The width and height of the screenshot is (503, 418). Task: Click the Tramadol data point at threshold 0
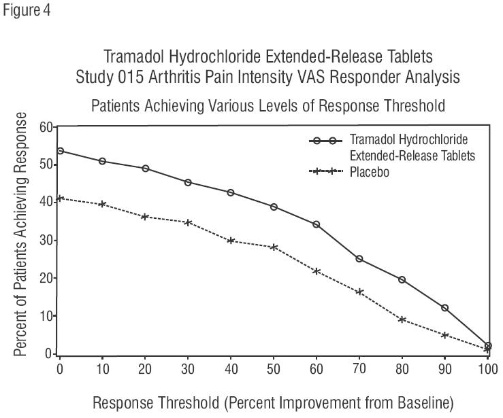click(x=60, y=151)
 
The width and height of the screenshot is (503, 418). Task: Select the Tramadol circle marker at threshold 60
click(x=317, y=224)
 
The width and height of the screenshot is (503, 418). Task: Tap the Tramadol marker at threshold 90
click(x=445, y=308)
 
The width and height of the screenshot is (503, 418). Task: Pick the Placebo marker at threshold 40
click(x=231, y=241)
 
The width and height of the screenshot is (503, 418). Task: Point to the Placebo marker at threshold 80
click(x=402, y=319)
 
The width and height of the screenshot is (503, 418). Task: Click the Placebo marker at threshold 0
click(x=60, y=198)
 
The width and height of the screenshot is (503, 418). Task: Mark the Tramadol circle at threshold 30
click(x=188, y=182)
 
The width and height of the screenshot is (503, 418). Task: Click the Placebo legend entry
click(x=369, y=172)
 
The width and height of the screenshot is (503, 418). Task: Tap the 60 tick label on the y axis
click(x=46, y=127)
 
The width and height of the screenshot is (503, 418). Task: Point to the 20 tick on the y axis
click(x=46, y=278)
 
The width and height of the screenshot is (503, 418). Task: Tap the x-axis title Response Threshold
click(x=272, y=402)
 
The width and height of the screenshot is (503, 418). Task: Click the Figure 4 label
click(x=25, y=11)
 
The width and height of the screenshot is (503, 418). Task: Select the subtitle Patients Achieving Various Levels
click(x=267, y=105)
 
